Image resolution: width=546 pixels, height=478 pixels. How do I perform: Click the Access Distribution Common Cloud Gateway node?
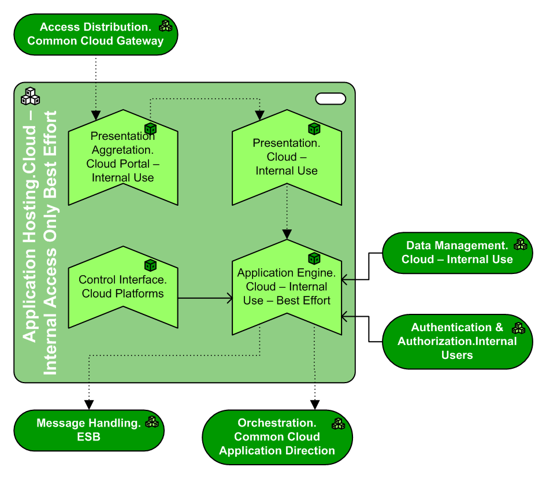click(x=95, y=34)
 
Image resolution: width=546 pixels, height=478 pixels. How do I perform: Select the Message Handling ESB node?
click(x=88, y=430)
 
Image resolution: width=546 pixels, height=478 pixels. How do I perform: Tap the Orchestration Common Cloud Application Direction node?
click(x=277, y=437)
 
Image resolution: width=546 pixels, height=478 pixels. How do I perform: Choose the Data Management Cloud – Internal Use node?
click(x=457, y=253)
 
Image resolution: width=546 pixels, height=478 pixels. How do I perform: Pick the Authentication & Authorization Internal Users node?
click(x=457, y=341)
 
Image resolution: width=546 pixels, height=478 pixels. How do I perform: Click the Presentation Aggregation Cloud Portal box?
click(x=122, y=157)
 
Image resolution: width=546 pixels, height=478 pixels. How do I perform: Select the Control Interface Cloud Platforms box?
click(x=122, y=287)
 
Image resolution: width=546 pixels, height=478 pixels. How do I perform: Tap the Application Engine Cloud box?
click(x=287, y=287)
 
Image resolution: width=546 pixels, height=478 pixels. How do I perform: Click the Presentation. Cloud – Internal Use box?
click(x=287, y=157)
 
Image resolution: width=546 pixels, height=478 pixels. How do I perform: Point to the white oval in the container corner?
click(x=330, y=99)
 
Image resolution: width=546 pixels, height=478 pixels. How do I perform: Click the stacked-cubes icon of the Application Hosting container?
click(x=30, y=96)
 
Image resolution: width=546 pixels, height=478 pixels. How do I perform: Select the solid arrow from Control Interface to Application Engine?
click(x=205, y=298)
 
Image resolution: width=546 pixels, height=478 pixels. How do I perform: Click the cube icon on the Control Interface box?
click(x=151, y=265)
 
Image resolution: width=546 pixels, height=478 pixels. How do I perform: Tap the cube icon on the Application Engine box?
click(x=314, y=258)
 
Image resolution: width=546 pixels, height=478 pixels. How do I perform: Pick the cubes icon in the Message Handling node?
click(x=152, y=422)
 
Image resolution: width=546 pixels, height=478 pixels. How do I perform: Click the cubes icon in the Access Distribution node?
click(x=166, y=25)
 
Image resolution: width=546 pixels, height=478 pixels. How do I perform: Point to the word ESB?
click(x=88, y=437)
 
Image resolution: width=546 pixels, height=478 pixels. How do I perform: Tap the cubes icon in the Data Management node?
click(x=521, y=244)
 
